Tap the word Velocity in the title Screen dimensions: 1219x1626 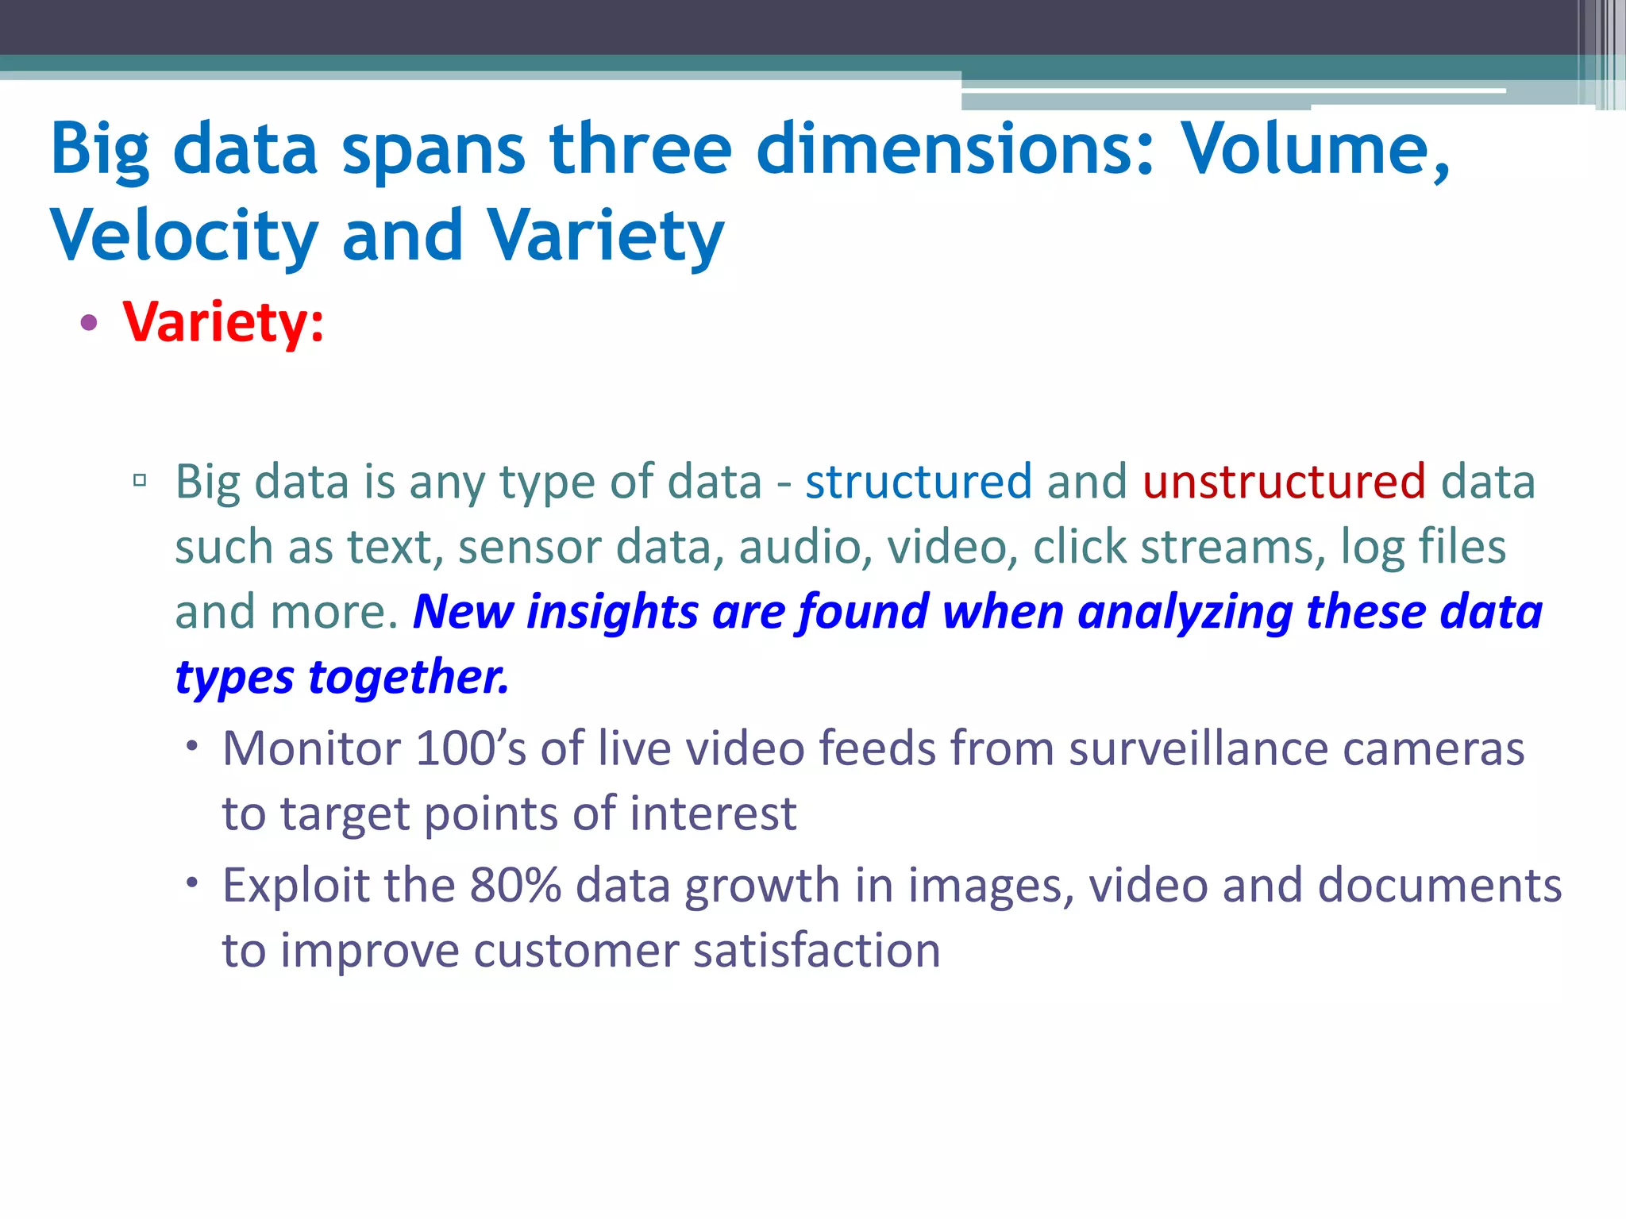184,236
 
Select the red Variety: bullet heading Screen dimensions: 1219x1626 223,322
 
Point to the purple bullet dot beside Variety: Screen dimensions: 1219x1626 89,323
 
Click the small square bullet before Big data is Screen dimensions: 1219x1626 140,480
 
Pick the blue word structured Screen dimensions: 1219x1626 919,482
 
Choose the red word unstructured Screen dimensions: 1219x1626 1284,482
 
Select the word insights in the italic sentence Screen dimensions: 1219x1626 612,612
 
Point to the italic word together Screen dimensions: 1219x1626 408,677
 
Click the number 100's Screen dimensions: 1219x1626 470,748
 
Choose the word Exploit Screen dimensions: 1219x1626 295,886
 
